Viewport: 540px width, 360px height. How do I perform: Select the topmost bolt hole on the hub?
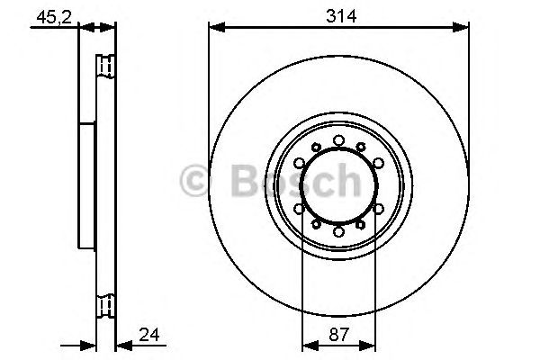pos(338,139)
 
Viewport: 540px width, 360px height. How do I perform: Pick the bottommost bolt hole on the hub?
pos(338,231)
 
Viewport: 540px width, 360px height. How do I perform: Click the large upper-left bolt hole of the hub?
pos(299,162)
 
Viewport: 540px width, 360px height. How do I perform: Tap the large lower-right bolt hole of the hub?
pos(378,209)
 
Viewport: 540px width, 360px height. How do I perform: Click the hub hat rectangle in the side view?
pos(86,185)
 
